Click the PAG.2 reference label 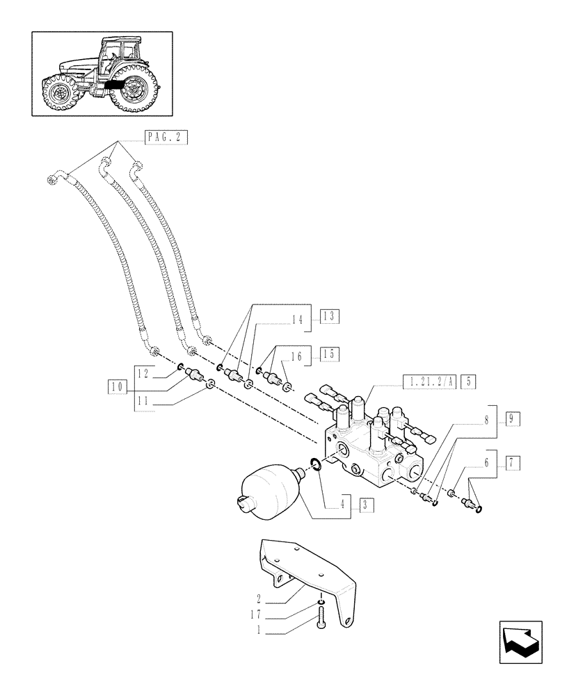tap(166, 137)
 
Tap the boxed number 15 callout tap(328, 354)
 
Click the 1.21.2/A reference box tap(430, 380)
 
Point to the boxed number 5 tap(470, 380)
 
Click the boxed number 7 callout tap(514, 461)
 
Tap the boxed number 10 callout tap(117, 386)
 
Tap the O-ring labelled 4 tap(314, 464)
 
